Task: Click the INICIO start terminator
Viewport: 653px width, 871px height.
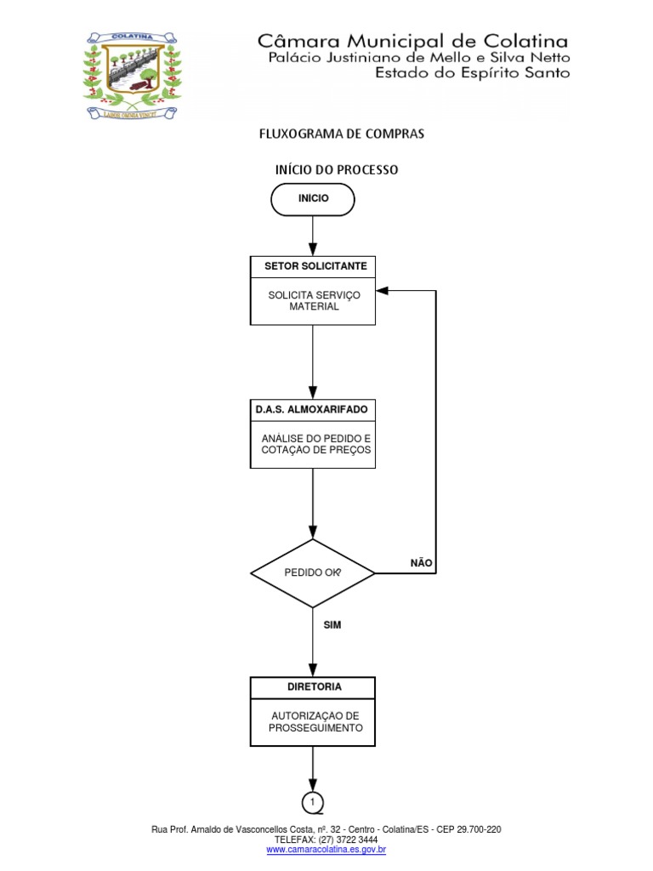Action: click(312, 198)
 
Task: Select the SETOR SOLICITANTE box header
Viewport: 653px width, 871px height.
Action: click(312, 266)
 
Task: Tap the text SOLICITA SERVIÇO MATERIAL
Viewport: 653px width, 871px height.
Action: click(314, 300)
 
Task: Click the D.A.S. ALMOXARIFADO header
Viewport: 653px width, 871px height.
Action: click(312, 409)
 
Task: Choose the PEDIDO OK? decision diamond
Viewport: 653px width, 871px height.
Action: click(313, 572)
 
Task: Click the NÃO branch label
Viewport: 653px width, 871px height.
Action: click(421, 562)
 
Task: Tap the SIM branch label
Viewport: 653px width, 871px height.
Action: click(332, 624)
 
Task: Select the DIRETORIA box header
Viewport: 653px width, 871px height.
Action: click(312, 686)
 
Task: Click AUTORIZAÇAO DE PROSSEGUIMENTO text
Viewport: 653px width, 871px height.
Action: click(315, 722)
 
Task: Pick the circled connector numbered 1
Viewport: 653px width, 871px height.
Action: click(313, 802)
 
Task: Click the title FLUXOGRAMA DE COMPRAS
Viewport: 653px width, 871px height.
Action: click(341, 134)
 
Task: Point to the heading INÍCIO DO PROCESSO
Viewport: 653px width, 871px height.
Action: click(337, 170)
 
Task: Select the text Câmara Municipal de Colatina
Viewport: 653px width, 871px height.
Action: click(412, 40)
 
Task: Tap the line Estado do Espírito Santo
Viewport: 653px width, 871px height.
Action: click(474, 73)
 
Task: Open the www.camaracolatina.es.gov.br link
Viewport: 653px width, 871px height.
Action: click(326, 849)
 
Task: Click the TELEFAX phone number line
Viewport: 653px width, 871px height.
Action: click(326, 839)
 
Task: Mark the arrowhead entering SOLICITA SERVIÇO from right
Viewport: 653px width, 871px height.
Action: click(382, 291)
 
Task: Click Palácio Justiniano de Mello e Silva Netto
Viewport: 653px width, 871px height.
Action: click(419, 57)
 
